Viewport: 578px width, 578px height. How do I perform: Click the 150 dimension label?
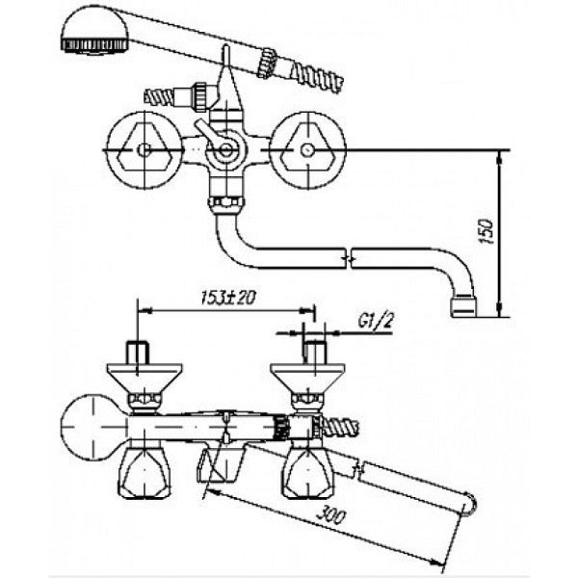click(x=486, y=231)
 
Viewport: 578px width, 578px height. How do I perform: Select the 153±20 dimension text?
click(x=228, y=297)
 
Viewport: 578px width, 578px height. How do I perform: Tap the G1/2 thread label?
click(x=375, y=321)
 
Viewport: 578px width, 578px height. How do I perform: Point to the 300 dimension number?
click(x=330, y=515)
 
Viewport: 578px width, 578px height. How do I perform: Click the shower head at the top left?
click(x=95, y=31)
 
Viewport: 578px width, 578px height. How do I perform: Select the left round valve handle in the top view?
click(x=144, y=150)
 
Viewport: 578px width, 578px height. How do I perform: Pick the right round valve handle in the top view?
click(x=307, y=150)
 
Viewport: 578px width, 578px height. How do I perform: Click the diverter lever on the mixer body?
click(x=209, y=134)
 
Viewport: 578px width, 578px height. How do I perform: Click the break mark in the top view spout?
click(x=349, y=258)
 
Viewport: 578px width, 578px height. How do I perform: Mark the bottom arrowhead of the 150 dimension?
click(x=499, y=310)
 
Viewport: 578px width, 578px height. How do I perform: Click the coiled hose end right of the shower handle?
click(x=317, y=77)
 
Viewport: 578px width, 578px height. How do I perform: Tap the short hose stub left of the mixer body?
click(x=159, y=97)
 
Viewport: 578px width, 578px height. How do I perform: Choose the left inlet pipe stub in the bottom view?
click(x=138, y=354)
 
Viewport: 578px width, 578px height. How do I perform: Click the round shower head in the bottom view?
click(x=93, y=427)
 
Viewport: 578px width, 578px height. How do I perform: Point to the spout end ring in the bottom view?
click(x=469, y=504)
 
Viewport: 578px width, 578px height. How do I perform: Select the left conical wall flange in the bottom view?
click(x=144, y=379)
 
